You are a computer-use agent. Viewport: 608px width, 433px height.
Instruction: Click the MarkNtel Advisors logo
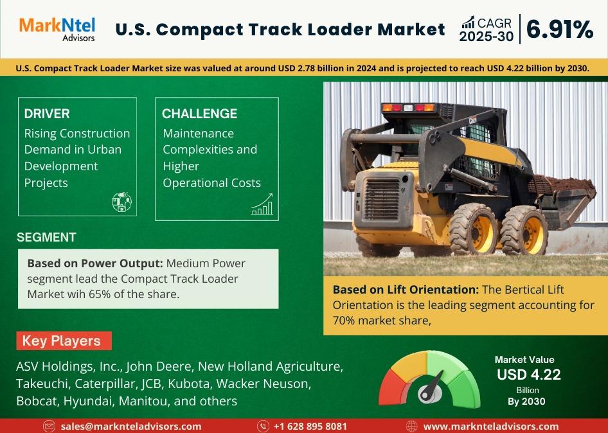pyautogui.click(x=57, y=29)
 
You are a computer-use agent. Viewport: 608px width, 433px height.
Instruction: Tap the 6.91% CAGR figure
pyautogui.click(x=560, y=30)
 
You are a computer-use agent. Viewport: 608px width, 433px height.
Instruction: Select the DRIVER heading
pyautogui.click(x=47, y=114)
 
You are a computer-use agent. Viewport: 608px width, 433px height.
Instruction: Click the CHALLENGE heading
pyautogui.click(x=199, y=114)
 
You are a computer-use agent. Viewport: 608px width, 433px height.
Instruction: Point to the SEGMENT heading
pyautogui.click(x=46, y=237)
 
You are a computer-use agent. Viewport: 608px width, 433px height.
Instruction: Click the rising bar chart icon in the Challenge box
pyautogui.click(x=262, y=204)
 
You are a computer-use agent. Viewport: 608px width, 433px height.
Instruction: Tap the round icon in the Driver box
pyautogui.click(x=121, y=202)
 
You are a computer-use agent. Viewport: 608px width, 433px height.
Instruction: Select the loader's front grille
pyautogui.click(x=382, y=199)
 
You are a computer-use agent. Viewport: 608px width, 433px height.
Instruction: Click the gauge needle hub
pyautogui.click(x=429, y=394)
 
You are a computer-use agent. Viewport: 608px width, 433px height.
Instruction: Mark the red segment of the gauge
pyautogui.click(x=391, y=387)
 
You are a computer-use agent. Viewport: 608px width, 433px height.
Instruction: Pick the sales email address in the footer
pyautogui.click(x=131, y=427)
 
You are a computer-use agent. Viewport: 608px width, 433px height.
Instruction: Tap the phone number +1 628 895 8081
pyautogui.click(x=310, y=427)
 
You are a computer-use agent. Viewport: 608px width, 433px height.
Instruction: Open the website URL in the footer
pyautogui.click(x=491, y=427)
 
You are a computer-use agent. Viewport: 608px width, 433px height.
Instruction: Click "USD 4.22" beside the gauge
pyautogui.click(x=529, y=375)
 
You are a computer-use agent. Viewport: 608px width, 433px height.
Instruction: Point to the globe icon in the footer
pyautogui.click(x=411, y=427)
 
